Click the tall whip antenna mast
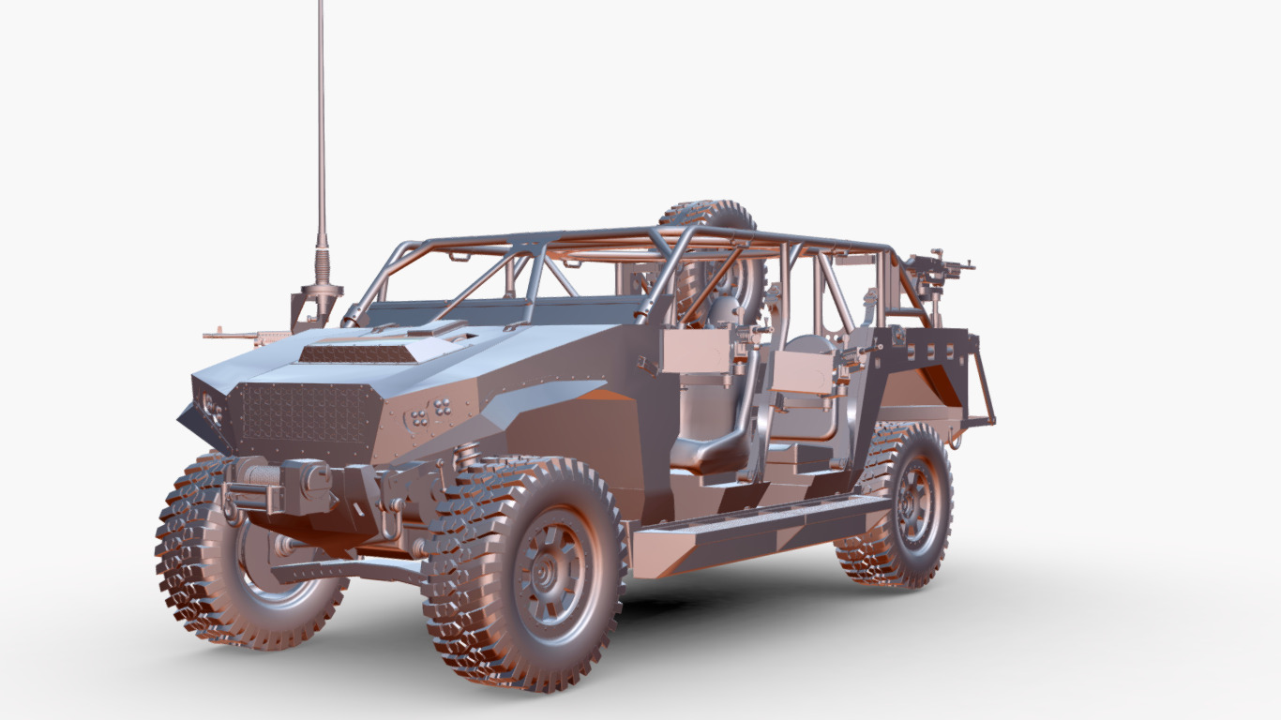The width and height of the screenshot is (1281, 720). point(321,122)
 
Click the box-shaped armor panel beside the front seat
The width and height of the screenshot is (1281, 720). point(696,352)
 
